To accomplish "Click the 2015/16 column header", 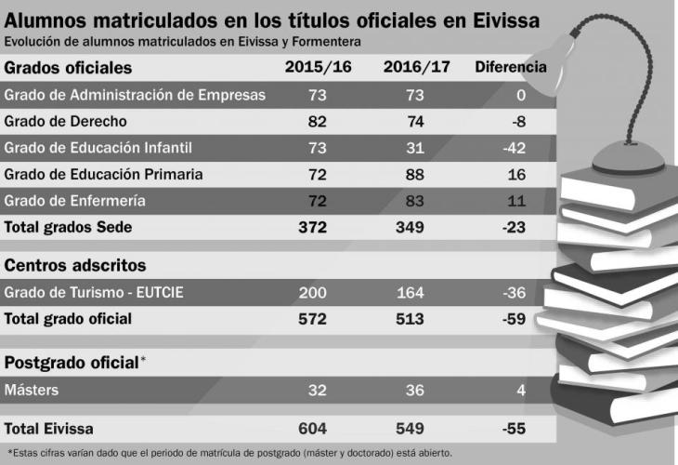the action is (318, 67).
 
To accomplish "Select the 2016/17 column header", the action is (416, 67).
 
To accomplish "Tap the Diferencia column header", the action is (511, 67).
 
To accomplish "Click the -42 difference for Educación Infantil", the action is (515, 148).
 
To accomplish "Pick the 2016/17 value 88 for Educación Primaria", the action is (414, 175).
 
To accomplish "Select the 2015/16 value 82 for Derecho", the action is (317, 122).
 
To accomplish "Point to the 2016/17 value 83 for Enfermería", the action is (414, 201).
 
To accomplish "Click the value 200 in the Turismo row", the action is (313, 293).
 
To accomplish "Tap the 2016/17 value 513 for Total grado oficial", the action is (410, 319).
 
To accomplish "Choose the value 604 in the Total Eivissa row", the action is (313, 429).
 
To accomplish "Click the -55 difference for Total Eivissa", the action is (515, 429).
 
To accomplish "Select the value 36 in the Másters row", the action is (414, 390).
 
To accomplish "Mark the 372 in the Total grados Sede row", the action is (313, 227).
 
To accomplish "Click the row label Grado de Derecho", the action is (65, 121).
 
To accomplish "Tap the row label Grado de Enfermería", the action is (75, 201).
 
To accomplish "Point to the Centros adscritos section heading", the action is (75, 265).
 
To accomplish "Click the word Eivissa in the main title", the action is (506, 20).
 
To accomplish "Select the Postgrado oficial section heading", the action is (72, 363).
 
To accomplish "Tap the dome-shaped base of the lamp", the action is (628, 159).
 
